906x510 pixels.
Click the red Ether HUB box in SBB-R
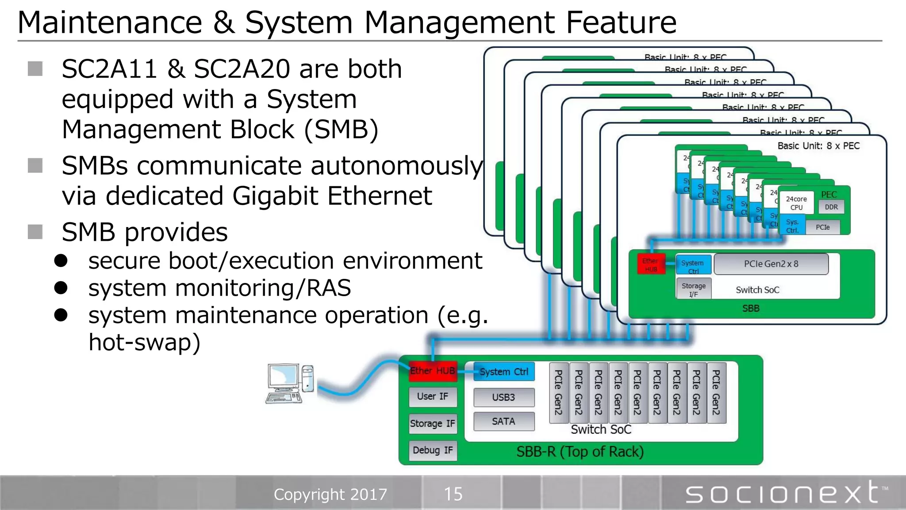click(433, 371)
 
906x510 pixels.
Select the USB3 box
click(503, 397)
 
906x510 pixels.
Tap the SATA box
click(503, 421)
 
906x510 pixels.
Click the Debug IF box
click(433, 450)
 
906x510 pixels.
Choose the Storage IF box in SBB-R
click(432, 423)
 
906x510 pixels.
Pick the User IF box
click(432, 396)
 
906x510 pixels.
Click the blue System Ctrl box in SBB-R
click(504, 371)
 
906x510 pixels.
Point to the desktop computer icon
click(290, 383)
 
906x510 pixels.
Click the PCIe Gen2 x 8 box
click(771, 264)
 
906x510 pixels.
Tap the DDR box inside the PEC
click(831, 207)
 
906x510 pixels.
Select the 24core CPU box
click(796, 203)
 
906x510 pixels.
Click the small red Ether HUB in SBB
click(651, 264)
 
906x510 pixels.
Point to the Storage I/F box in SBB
click(693, 289)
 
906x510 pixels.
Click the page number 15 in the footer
click(453, 494)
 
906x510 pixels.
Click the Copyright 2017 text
click(330, 494)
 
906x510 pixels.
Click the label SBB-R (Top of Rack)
click(580, 452)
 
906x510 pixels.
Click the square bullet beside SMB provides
click(35, 232)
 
